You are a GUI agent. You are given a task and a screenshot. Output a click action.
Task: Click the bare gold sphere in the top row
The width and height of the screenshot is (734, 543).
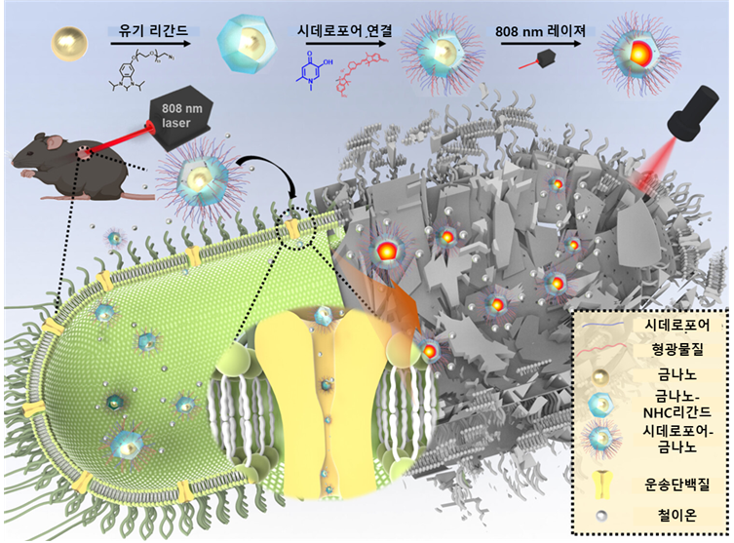69,43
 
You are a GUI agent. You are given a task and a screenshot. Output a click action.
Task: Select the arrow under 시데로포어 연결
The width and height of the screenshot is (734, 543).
344,44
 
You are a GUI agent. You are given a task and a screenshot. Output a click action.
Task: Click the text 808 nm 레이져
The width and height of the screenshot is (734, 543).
541,31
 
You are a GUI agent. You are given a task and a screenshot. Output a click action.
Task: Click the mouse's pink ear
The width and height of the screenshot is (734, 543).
56,141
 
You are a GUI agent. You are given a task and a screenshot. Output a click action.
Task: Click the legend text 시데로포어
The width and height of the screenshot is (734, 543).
676,325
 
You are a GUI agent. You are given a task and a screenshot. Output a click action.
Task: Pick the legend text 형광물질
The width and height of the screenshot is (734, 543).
676,349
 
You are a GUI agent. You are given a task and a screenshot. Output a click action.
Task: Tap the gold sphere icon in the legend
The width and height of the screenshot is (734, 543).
600,376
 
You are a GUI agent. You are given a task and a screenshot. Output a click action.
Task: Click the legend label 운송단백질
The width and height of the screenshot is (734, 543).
676,484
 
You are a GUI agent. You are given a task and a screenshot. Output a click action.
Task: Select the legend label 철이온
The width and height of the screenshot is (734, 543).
676,515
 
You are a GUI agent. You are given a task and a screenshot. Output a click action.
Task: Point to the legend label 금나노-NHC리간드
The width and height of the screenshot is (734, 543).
676,404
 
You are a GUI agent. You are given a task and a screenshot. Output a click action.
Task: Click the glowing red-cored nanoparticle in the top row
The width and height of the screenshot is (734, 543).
638,56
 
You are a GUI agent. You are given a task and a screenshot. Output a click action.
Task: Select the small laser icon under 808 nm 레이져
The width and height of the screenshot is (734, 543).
538,59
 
